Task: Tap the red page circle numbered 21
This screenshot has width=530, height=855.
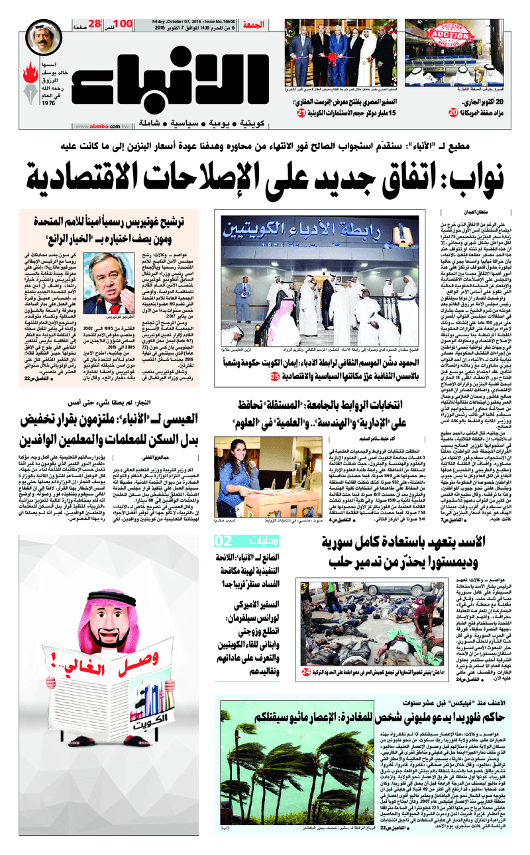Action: [x=301, y=114]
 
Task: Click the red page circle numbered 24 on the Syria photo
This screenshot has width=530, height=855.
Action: [x=305, y=672]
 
